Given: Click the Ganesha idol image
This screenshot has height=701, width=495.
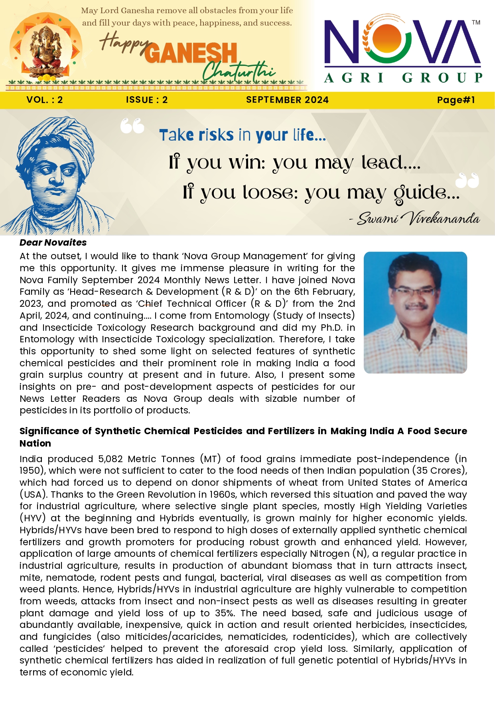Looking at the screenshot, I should tap(47, 50).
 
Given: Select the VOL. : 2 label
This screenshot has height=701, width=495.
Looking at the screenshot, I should tap(45, 100).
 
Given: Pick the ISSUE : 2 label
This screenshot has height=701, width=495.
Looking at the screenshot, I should tap(147, 100).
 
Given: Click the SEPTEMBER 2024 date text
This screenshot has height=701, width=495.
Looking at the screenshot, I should tap(287, 100).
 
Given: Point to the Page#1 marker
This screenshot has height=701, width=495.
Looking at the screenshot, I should tap(456, 100).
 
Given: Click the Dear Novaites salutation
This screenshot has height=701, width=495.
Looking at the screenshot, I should tap(53, 242).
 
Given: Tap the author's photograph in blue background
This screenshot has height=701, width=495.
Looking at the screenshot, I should tap(415, 312).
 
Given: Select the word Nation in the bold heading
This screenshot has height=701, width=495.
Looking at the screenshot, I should tap(35, 443).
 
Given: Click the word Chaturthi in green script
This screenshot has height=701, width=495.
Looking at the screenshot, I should tap(239, 71).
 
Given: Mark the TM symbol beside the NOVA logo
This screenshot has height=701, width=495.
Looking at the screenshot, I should tap(476, 23).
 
